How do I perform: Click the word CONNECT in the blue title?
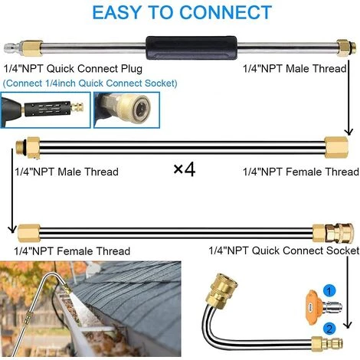tap(225, 12)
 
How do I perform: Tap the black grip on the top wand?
tap(191, 47)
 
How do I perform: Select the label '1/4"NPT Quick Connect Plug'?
tap(73, 69)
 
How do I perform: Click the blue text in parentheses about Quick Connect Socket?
tap(90, 83)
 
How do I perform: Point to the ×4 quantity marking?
tap(185, 169)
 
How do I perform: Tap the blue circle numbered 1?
tap(329, 291)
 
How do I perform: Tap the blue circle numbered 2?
tap(329, 329)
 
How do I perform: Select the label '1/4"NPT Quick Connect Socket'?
tap(284, 250)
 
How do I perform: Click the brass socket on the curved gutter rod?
tap(221, 288)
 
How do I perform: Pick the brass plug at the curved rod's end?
tap(327, 344)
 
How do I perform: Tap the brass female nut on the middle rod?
tap(336, 147)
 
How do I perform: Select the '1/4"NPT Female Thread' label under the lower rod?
tap(72, 251)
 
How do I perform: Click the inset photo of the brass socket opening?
tap(126, 110)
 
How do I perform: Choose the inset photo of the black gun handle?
tap(45, 110)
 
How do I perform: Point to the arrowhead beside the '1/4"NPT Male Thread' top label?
tap(349, 132)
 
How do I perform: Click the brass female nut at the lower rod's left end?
tap(29, 233)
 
